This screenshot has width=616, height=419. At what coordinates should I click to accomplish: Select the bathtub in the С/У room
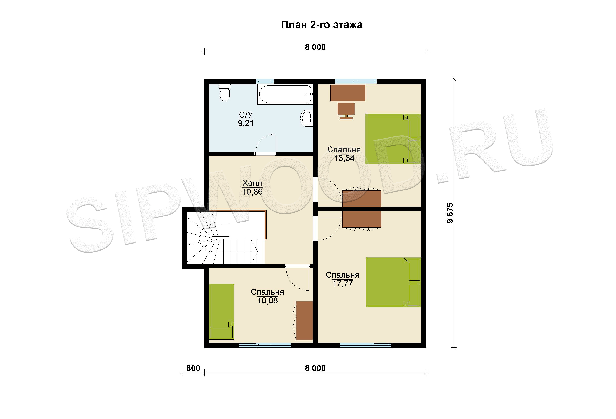click(285, 94)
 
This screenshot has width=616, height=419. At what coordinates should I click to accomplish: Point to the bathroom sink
click(307, 118)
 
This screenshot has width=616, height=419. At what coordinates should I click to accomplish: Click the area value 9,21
click(246, 123)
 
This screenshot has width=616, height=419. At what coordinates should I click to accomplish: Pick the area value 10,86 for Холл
click(252, 192)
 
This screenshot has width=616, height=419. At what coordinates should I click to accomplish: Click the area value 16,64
click(344, 158)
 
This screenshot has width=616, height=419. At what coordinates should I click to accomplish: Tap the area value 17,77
click(342, 283)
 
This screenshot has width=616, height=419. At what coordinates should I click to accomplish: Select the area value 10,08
click(268, 300)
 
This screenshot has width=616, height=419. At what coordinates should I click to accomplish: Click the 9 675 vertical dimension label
click(450, 213)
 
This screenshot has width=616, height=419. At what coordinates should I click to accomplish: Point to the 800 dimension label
click(193, 368)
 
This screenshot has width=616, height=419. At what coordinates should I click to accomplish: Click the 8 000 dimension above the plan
click(315, 47)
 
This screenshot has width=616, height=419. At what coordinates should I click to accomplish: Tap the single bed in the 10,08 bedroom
click(222, 312)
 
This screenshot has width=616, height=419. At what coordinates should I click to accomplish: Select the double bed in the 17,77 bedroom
click(394, 282)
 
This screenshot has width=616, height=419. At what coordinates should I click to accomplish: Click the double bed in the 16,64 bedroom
click(393, 139)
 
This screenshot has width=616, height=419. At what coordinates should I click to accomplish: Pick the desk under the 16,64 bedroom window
click(348, 93)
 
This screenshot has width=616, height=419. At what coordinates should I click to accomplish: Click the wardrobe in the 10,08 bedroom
click(304, 320)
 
